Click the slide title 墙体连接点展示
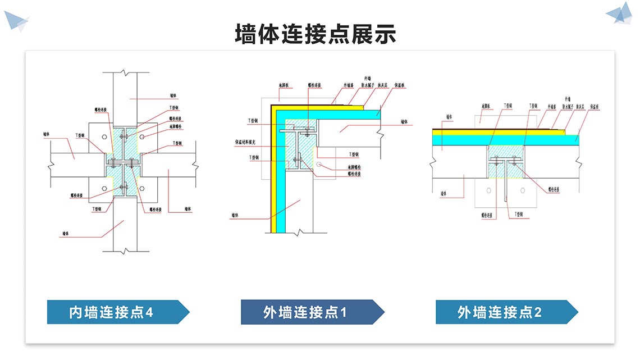click(x=316, y=34)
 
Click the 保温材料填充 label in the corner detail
click(x=245, y=142)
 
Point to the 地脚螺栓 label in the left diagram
click(x=177, y=126)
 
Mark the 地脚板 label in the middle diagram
click(x=284, y=86)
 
